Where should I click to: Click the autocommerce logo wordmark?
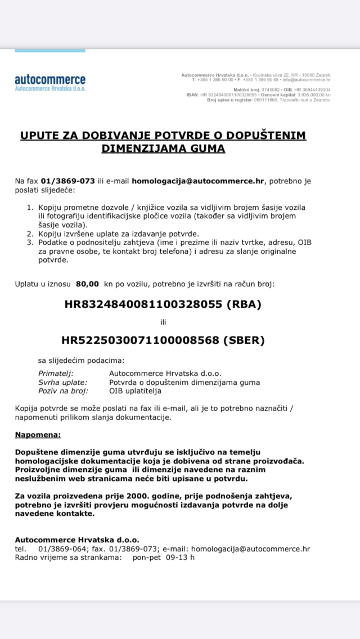click(x=50, y=79)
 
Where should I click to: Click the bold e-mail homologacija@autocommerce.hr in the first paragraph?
click(x=198, y=181)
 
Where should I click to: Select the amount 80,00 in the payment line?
click(x=87, y=284)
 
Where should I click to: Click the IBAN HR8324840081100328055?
click(x=145, y=304)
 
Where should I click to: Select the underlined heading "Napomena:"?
click(x=38, y=435)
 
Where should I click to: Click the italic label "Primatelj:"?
click(x=56, y=373)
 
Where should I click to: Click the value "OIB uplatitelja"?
click(x=136, y=390)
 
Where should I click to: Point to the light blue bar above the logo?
click(x=50, y=51)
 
